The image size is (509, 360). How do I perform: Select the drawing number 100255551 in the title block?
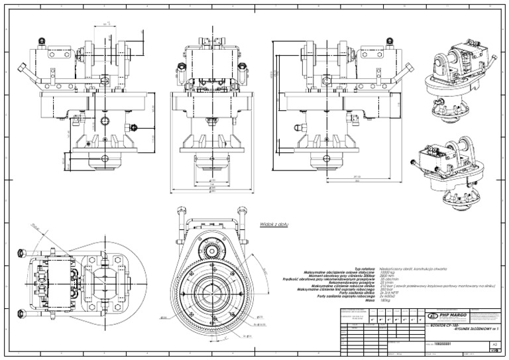pos(443,344)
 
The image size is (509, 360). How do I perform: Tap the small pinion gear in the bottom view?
pos(213,253)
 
